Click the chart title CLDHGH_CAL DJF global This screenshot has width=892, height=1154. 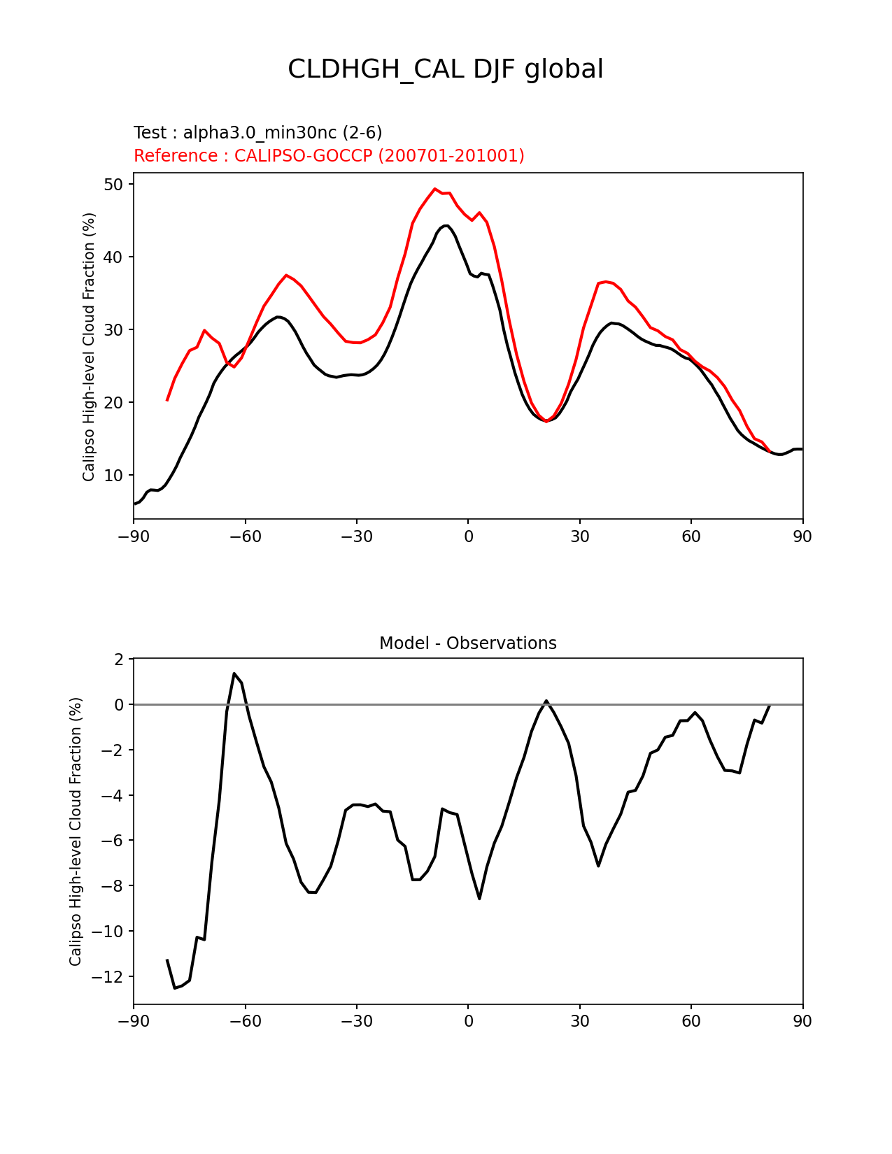[x=446, y=69]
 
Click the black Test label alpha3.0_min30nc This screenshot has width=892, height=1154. [x=257, y=133]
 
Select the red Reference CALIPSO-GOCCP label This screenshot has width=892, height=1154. [x=329, y=156]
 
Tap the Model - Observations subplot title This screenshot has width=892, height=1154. [x=467, y=643]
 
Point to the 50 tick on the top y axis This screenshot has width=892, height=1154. [x=114, y=185]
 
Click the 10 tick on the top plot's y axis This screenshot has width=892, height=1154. [x=114, y=476]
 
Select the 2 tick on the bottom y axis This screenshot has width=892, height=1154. [x=118, y=660]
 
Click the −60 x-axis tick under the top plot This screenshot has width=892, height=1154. [x=245, y=536]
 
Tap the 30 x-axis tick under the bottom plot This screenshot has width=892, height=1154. [x=579, y=1021]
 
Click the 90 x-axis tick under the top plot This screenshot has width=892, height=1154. [x=802, y=536]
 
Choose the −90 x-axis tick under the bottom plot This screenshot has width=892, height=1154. [x=134, y=1021]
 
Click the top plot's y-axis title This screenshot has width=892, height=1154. [x=89, y=347]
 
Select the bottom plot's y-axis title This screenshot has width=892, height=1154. [x=76, y=831]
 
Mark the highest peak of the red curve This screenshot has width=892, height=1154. [x=434, y=188]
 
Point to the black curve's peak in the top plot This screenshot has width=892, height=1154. [x=446, y=225]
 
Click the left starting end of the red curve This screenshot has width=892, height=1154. [x=167, y=400]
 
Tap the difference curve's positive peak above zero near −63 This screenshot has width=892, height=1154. [x=234, y=674]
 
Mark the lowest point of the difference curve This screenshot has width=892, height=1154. [x=175, y=988]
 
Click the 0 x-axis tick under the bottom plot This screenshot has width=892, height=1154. [x=468, y=1021]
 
